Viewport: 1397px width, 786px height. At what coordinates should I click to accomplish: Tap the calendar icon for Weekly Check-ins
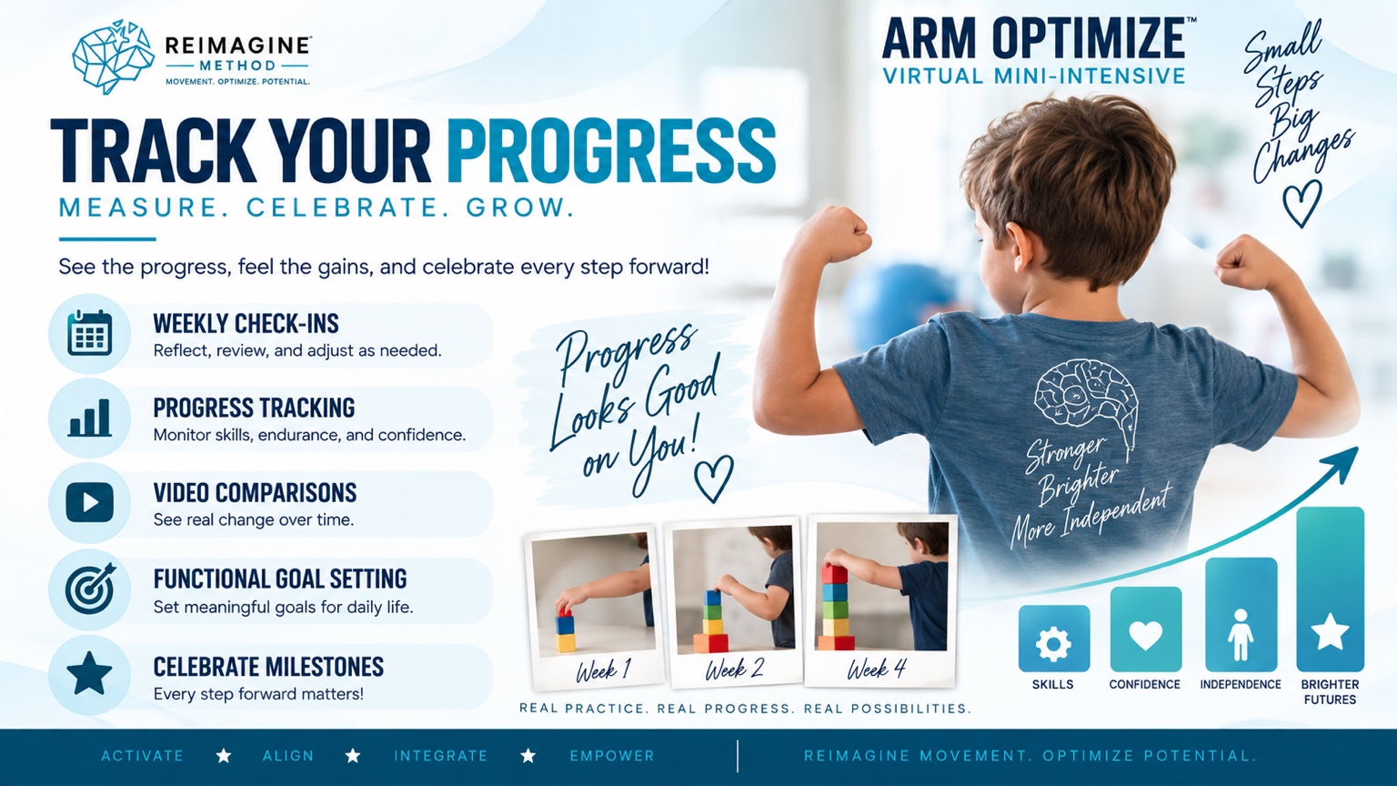[x=90, y=333]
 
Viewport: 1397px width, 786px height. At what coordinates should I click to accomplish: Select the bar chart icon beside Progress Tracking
[x=90, y=418]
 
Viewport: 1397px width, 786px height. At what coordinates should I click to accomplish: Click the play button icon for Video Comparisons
[x=90, y=502]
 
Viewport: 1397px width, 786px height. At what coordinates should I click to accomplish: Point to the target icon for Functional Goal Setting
[x=90, y=589]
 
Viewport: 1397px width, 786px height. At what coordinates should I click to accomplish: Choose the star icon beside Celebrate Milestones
[x=89, y=674]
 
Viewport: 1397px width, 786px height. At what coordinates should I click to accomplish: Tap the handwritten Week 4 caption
[x=876, y=670]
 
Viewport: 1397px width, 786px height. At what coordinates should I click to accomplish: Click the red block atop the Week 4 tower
[x=834, y=573]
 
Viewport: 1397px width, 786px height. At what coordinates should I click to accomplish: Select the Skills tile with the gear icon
[x=1054, y=638]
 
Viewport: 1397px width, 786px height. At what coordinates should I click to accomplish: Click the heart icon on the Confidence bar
[x=1146, y=636]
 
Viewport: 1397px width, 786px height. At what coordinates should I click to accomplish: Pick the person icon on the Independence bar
[x=1241, y=635]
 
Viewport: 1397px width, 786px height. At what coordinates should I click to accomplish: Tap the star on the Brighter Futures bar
[x=1330, y=631]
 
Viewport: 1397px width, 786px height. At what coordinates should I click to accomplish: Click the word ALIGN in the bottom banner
[x=288, y=756]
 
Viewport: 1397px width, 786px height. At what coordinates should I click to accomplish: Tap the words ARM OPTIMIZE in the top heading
[x=1034, y=39]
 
